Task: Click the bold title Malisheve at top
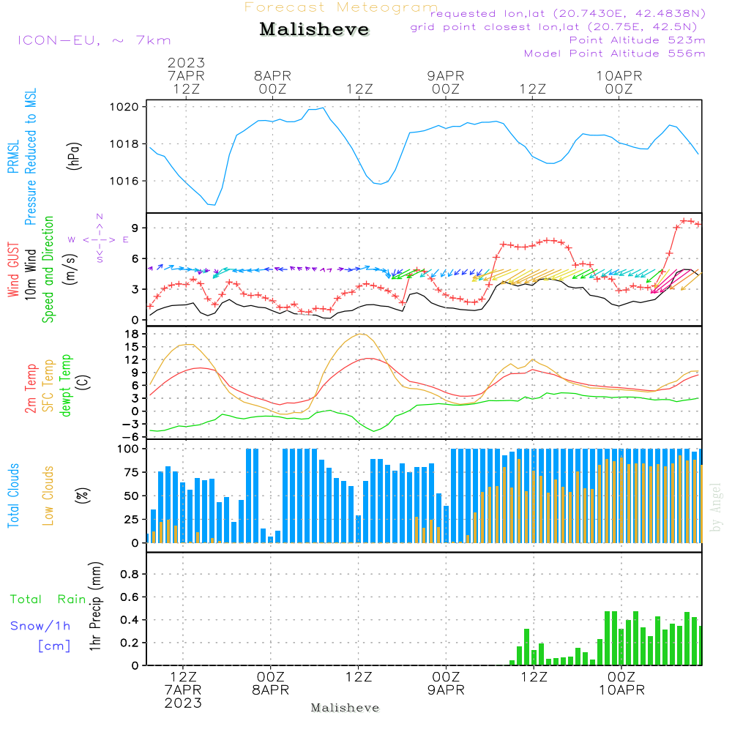point(314,29)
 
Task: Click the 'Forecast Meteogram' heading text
point(341,7)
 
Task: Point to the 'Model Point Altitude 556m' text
point(614,53)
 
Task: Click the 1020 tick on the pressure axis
point(124,107)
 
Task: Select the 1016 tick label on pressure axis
point(124,181)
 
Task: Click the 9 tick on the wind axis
point(135,228)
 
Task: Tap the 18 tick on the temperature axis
point(132,334)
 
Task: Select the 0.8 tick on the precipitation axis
point(130,574)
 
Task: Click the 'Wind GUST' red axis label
point(13,270)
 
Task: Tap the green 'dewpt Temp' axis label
point(65,385)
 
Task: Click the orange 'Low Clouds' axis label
point(48,496)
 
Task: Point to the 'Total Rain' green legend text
point(48,600)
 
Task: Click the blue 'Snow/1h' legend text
point(40,626)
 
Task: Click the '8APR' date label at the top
point(272,76)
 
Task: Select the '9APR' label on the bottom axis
point(446,690)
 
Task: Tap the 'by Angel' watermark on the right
point(715,507)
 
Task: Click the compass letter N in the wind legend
point(100,217)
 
